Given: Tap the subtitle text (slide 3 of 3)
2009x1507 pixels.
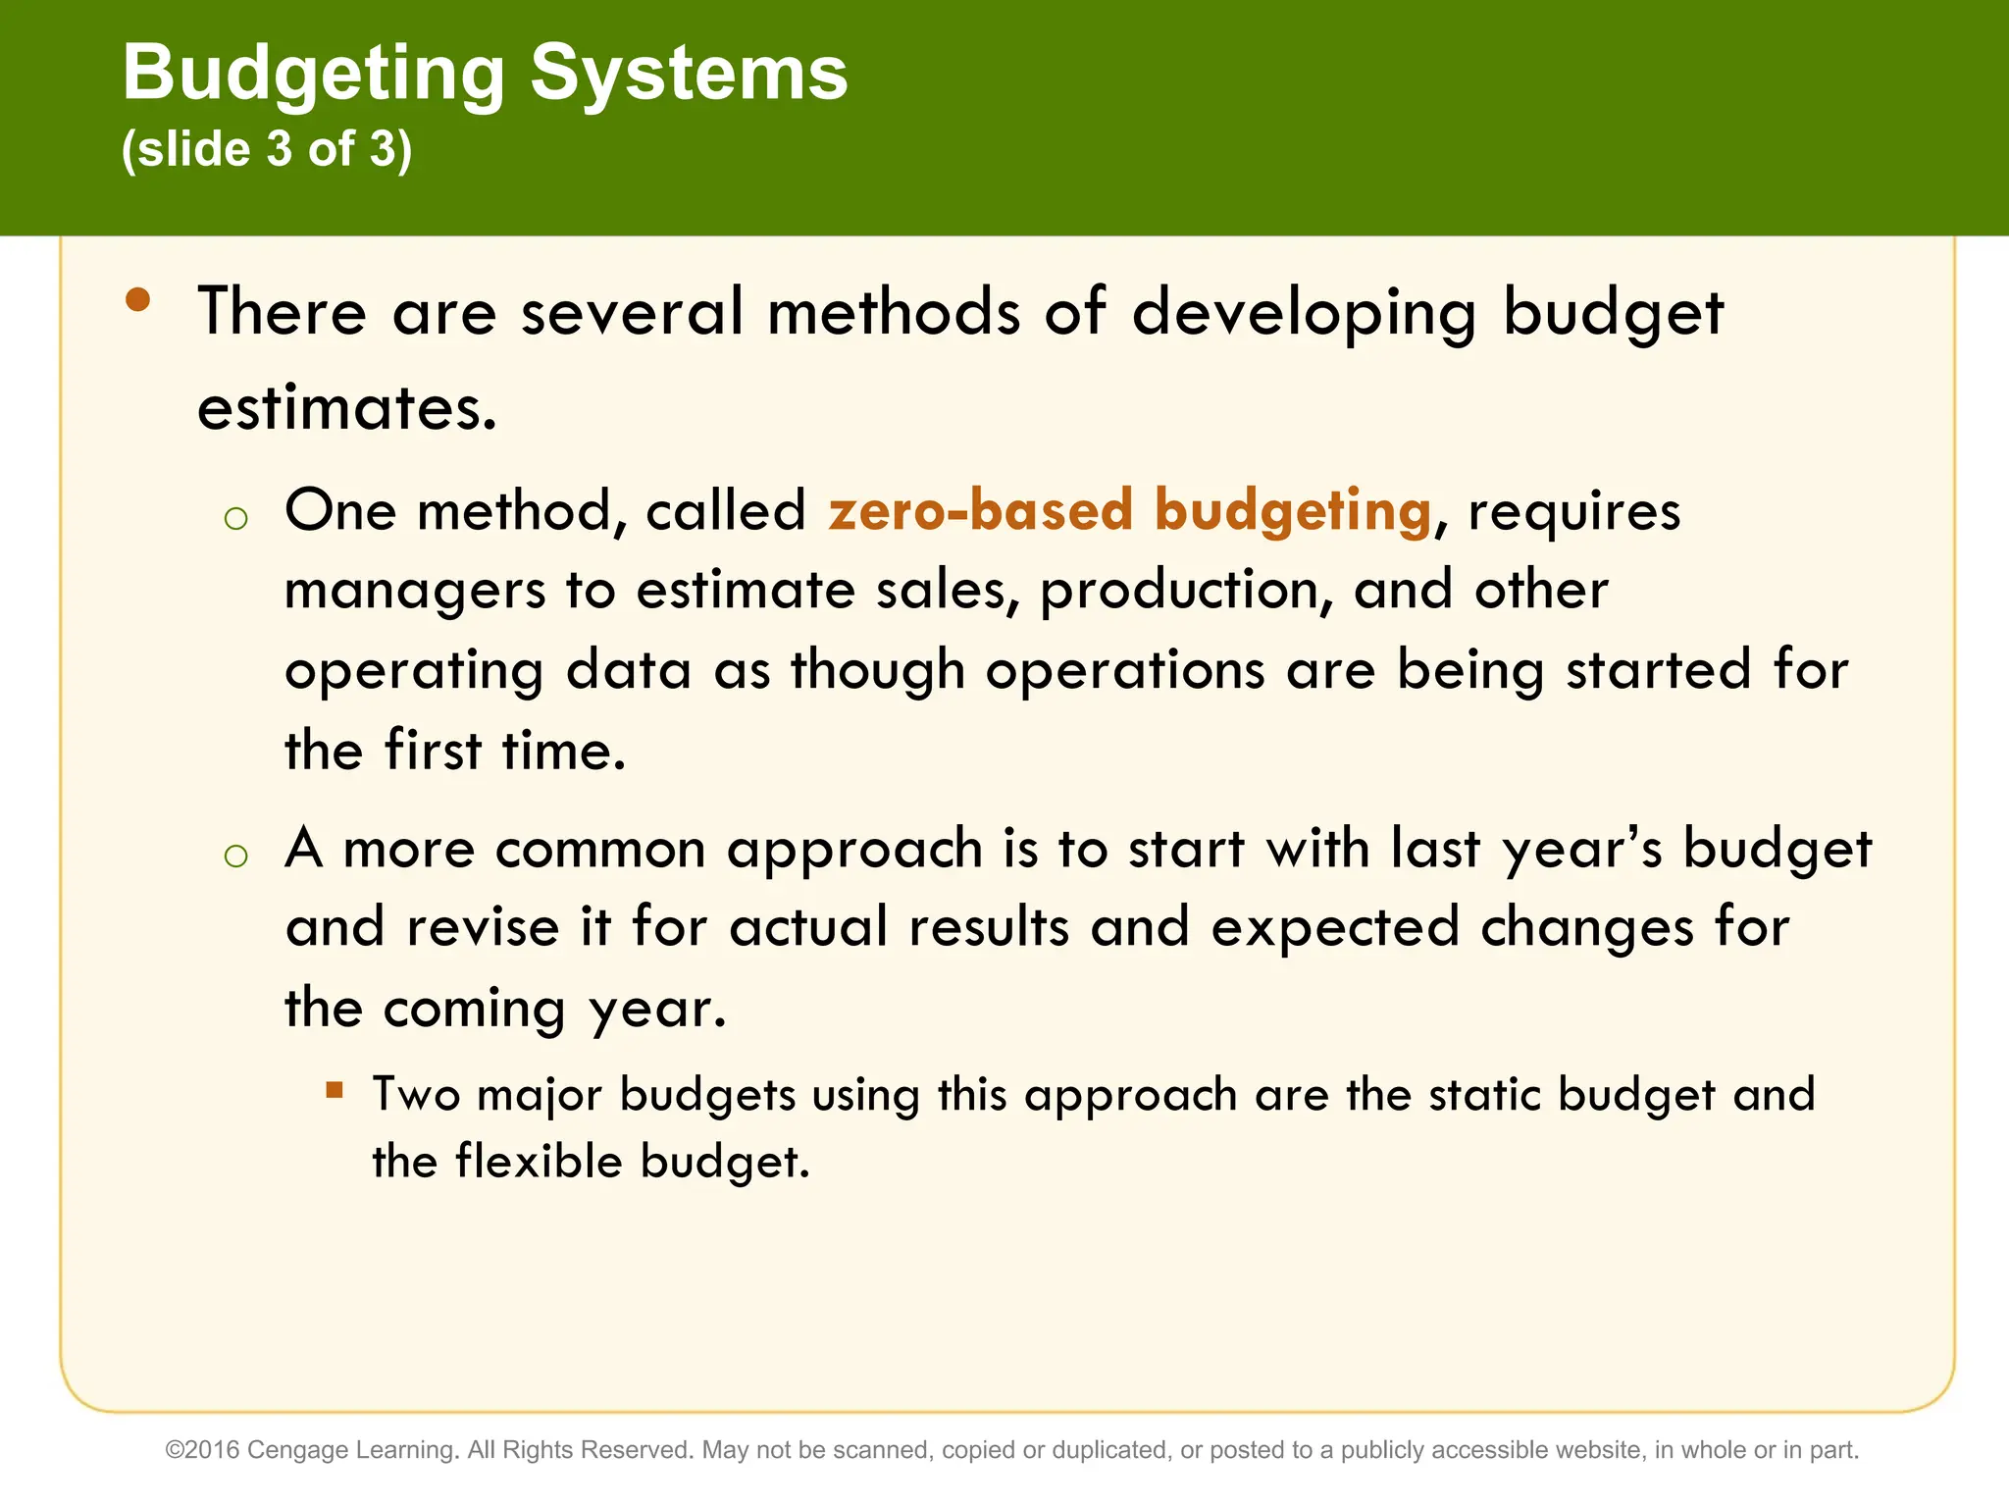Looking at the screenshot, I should tap(267, 149).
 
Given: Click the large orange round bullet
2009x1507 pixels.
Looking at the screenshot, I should tap(138, 300).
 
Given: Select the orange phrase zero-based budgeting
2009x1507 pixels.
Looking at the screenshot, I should tap(1129, 511).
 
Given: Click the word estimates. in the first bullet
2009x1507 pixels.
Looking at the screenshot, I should tap(347, 409).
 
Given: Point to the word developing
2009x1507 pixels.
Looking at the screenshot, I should tap(1304, 314).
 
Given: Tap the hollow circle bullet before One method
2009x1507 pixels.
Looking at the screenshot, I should tap(235, 518).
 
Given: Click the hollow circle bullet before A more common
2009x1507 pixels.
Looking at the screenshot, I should tap(235, 856).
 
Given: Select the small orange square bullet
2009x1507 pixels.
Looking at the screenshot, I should tap(335, 1089).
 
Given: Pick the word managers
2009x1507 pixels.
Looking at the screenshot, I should tap(414, 592).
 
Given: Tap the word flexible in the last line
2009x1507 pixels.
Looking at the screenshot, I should tap(539, 1162).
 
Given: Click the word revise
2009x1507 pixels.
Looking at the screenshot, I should tap(483, 927).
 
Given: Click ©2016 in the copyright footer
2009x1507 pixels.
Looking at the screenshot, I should tap(202, 1450).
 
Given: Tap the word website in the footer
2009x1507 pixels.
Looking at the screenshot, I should tap(1595, 1450).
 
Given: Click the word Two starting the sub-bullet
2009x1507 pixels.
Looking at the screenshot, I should tap(416, 1094).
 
